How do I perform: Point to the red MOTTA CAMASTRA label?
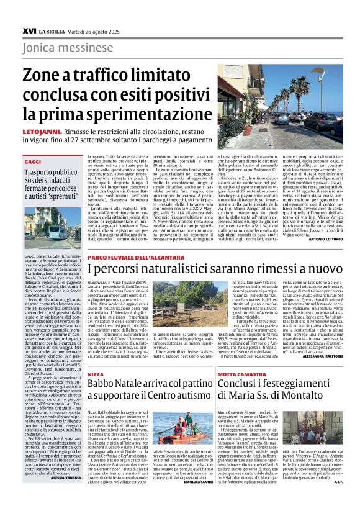[238, 375]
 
